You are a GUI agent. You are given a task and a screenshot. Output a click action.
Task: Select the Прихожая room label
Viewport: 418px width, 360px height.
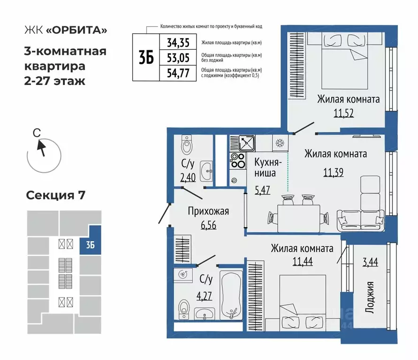pos(208,211)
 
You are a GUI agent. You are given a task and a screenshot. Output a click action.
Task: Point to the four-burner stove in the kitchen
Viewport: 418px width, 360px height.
pos(237,161)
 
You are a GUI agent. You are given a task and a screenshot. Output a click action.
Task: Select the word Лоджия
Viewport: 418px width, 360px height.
pos(371,297)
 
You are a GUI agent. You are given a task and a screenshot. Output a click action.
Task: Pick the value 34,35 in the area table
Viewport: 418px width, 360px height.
pos(178,43)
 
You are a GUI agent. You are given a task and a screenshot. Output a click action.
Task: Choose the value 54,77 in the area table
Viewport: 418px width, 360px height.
pos(178,73)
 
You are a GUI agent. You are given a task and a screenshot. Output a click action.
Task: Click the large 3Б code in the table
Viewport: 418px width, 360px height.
pos(146,58)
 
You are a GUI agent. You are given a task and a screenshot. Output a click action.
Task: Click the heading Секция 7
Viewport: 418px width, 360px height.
pos(55,195)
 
